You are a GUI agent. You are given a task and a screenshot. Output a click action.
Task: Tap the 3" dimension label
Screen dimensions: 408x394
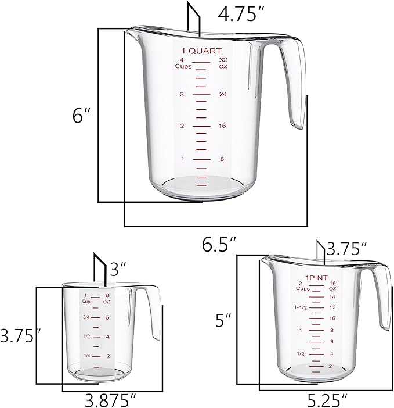[118, 269]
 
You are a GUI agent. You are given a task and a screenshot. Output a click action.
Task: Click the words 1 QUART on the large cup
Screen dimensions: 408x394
[201, 51]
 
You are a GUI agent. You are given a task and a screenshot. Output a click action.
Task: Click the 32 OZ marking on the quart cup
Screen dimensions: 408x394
[222, 63]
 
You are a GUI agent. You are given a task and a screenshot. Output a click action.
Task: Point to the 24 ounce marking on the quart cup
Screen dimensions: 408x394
[222, 94]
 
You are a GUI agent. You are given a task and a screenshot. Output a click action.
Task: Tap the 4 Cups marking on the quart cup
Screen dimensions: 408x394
[183, 63]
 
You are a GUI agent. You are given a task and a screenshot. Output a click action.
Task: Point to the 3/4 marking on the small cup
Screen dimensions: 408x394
[86, 317]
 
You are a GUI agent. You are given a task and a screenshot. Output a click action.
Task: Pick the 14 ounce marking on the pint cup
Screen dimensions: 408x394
[332, 296]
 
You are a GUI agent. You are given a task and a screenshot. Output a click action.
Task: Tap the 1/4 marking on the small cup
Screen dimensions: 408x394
[86, 356]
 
